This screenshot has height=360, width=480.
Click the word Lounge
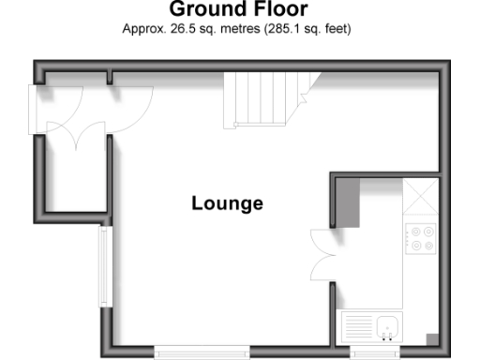227,202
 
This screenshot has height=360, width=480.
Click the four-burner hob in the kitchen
420,238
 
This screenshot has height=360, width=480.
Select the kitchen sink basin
388,327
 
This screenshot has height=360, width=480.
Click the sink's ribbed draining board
360,327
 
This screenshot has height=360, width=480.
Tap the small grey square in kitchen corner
431,338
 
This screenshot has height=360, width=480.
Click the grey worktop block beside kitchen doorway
347,202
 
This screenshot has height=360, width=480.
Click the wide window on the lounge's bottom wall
202,352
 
